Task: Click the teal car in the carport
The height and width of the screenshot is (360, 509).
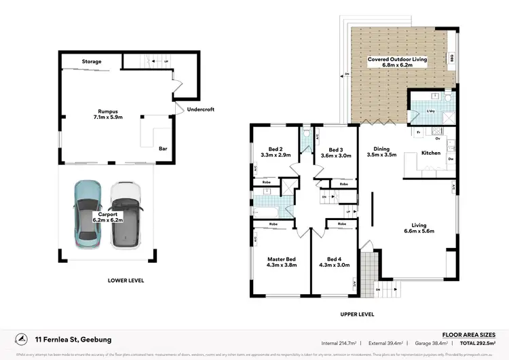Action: [88, 213]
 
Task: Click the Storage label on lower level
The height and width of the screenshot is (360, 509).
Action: [92, 62]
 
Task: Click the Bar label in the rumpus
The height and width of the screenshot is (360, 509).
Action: [163, 148]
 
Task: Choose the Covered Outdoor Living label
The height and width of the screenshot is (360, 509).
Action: [397, 59]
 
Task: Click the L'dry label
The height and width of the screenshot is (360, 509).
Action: [430, 110]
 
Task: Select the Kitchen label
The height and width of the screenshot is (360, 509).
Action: [431, 153]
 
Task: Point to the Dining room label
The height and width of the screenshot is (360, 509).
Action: [381, 148]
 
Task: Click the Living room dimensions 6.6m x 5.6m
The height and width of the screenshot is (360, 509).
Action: [419, 232]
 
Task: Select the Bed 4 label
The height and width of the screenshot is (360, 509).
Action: [335, 259]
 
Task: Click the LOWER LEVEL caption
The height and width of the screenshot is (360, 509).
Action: [126, 280]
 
